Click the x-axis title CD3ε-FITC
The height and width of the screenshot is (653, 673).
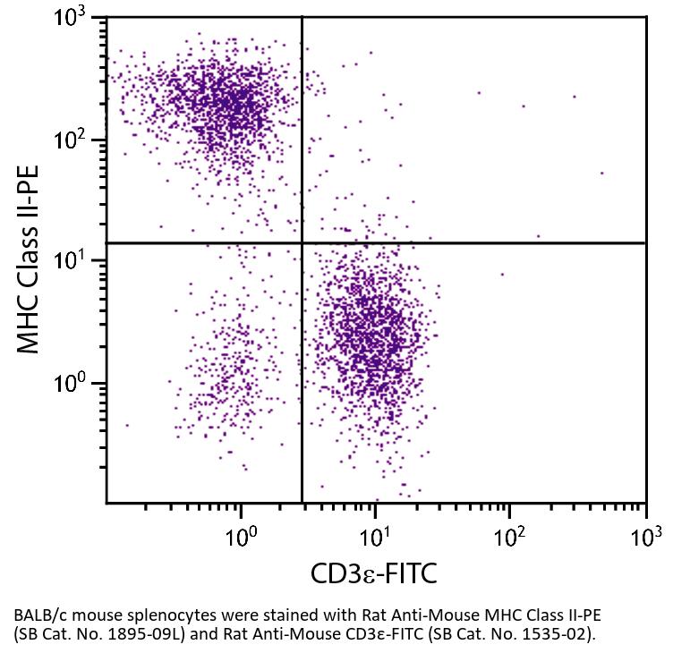pos(374,573)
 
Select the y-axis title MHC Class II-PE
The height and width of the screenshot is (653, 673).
pos(30,260)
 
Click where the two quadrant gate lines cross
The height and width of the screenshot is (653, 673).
pos(302,242)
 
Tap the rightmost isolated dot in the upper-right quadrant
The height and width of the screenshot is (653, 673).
pos(602,173)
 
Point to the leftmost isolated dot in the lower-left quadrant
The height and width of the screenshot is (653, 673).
pos(127,425)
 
